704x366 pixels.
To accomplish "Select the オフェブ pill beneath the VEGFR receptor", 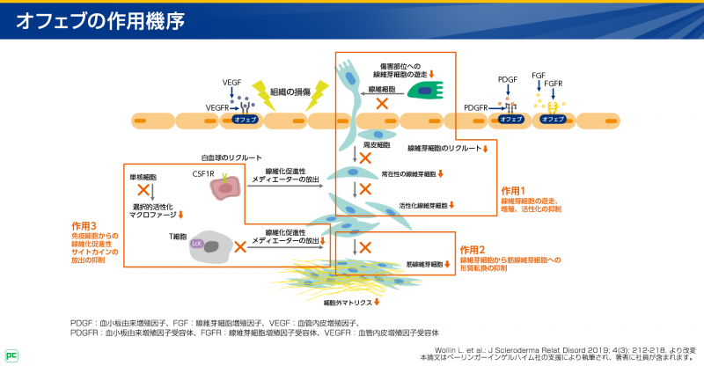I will point(247,119).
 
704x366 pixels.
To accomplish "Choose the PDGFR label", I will point(476,107).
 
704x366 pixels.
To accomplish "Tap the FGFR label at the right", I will point(554,84).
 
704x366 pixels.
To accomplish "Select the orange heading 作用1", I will point(513,190).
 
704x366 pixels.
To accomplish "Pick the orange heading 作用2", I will point(473,249).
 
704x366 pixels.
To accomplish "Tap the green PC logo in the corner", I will point(10,356).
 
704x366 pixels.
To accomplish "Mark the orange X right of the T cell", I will point(239,247).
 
